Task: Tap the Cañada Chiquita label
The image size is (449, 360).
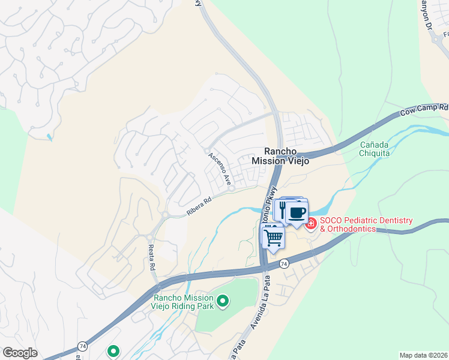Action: coord(375,149)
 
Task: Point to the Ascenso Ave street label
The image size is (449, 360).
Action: coord(220,168)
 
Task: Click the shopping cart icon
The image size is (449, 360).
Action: coord(273,237)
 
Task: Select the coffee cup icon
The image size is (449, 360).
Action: coord(297,212)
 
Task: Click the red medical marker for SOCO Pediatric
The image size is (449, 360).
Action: coord(311,224)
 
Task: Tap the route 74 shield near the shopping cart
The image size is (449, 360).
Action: coord(284,263)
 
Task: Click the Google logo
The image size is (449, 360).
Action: coord(19,353)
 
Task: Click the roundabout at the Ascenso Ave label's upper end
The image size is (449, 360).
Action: coord(206,151)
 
